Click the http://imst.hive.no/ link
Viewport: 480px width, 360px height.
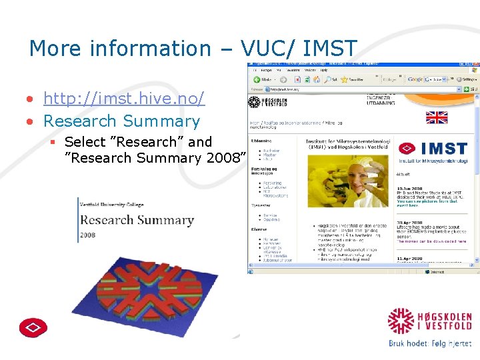pos(123,99)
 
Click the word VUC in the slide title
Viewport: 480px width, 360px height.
pos(264,49)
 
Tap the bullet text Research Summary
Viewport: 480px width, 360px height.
pos(121,121)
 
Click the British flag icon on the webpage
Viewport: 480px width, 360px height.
pos(437,118)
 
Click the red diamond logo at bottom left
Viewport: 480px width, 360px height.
pos(33,327)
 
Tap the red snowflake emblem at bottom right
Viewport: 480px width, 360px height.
pos(401,321)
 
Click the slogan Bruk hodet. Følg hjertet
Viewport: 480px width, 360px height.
pos(429,343)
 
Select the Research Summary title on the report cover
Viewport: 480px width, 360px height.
pos(137,220)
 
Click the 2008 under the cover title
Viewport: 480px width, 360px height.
pos(88,235)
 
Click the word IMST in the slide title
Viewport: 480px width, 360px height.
pos(330,49)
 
